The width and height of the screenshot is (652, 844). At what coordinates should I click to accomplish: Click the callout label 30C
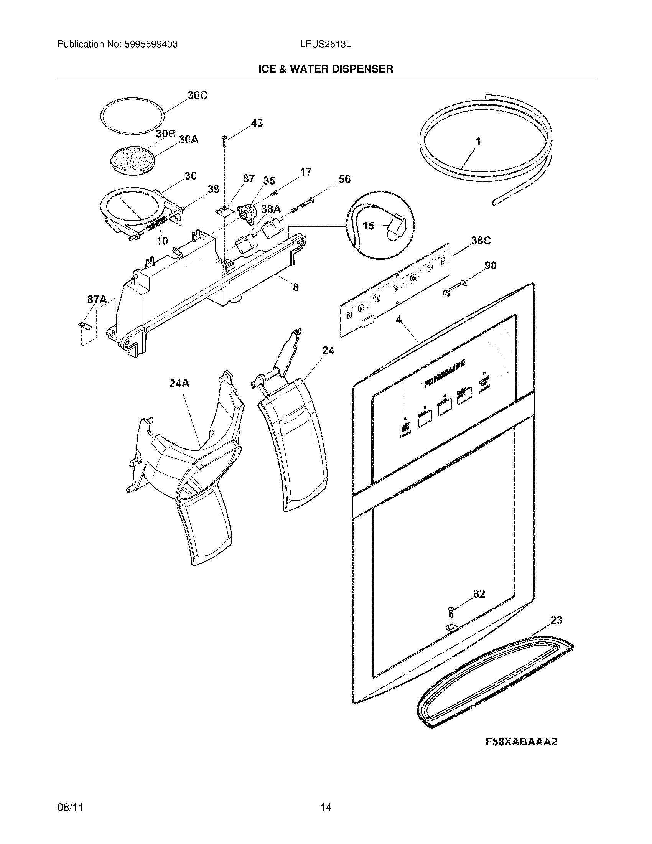point(197,95)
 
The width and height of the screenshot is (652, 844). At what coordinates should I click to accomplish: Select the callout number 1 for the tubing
point(478,141)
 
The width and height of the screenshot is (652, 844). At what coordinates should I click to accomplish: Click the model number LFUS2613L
point(325,45)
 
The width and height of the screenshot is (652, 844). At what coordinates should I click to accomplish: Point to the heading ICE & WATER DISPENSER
point(326,69)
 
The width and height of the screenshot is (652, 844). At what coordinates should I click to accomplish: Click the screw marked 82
point(451,612)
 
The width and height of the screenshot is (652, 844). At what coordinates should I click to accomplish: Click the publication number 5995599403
point(151,45)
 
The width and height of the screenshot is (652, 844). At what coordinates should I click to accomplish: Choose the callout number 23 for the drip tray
point(556,620)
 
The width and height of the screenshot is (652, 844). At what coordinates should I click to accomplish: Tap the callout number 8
point(295,287)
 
